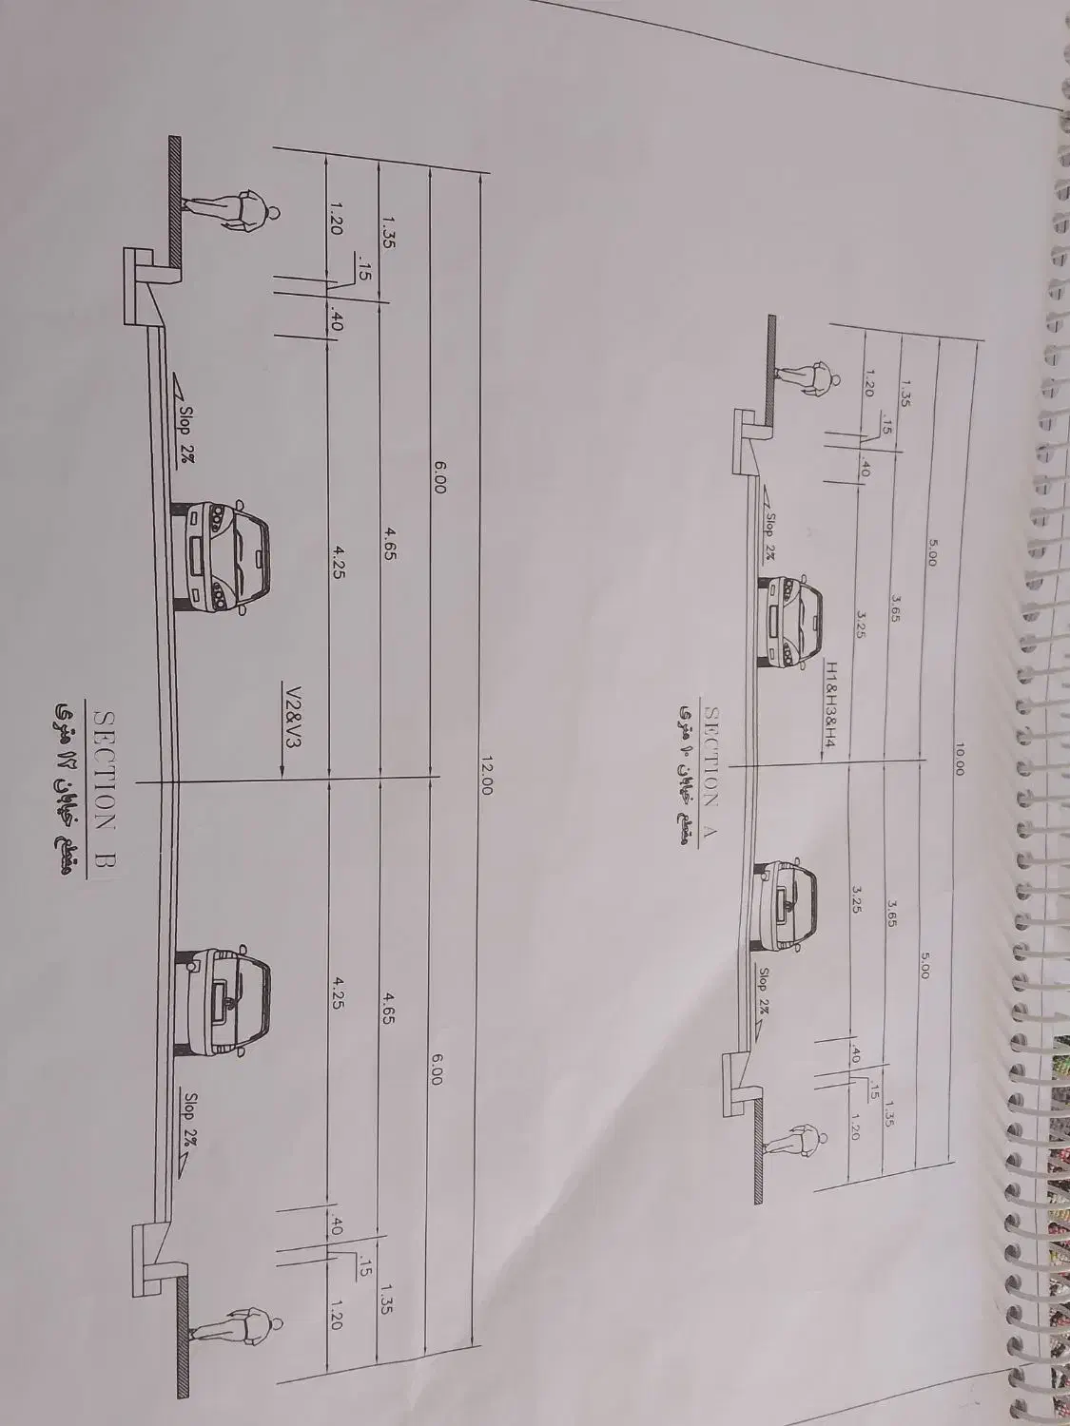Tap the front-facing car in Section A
(790, 619)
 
